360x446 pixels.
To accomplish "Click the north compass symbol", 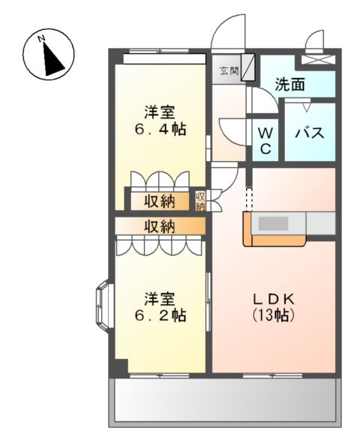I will (x=49, y=53).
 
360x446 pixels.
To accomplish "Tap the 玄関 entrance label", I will (x=229, y=71).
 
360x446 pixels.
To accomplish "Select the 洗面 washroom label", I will (x=289, y=85).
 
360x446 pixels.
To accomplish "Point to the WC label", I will (x=265, y=139).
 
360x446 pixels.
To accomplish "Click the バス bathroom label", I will (x=308, y=133).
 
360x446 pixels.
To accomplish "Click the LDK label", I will (x=274, y=298).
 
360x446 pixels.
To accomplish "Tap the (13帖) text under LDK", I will (x=274, y=316).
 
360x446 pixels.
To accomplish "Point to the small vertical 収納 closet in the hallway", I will (x=200, y=201).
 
